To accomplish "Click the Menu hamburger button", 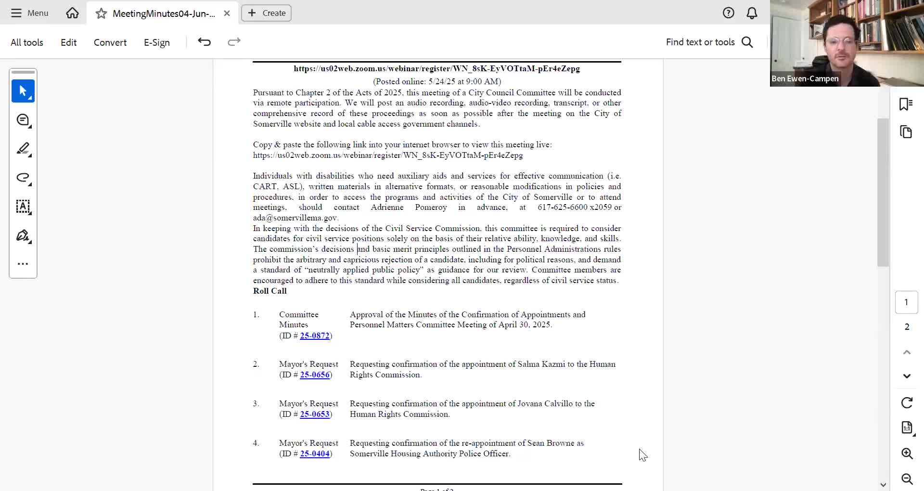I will (29, 13).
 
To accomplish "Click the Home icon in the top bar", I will (72, 13).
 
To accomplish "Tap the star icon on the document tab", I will (101, 13).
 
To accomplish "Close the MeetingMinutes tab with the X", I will (227, 13).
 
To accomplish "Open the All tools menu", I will (27, 42).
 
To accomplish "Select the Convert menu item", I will (110, 42).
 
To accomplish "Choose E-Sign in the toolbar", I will (157, 42).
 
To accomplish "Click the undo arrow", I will (205, 42).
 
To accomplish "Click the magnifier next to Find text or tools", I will (747, 42).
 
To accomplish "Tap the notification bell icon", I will (752, 13).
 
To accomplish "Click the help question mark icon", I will (728, 13).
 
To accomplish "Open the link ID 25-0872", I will (315, 336).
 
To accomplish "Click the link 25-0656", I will (315, 375).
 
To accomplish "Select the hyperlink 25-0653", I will (315, 414).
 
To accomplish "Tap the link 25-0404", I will (315, 454).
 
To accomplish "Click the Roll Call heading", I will (270, 291).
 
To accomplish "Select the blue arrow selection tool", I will (23, 91).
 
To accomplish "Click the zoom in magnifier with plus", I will (907, 453).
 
